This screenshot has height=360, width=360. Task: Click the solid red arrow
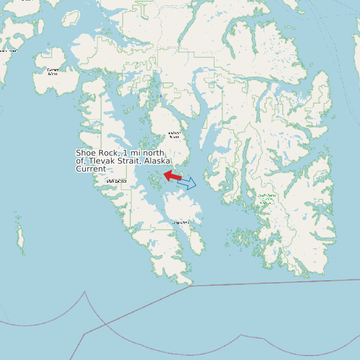click(x=173, y=176)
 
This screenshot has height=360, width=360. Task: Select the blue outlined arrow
click(x=187, y=183)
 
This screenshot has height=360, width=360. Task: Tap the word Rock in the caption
click(x=110, y=153)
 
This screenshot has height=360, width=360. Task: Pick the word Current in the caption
click(x=90, y=169)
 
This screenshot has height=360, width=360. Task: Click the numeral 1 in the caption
click(x=126, y=153)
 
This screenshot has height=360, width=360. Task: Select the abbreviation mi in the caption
click(x=135, y=153)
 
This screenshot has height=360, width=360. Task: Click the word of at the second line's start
click(x=80, y=161)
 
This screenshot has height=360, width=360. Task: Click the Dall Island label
click(x=117, y=181)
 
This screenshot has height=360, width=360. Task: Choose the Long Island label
click(x=181, y=223)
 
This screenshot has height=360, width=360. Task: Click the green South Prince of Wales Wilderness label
click(x=267, y=197)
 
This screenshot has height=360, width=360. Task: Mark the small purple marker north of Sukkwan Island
click(x=160, y=96)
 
